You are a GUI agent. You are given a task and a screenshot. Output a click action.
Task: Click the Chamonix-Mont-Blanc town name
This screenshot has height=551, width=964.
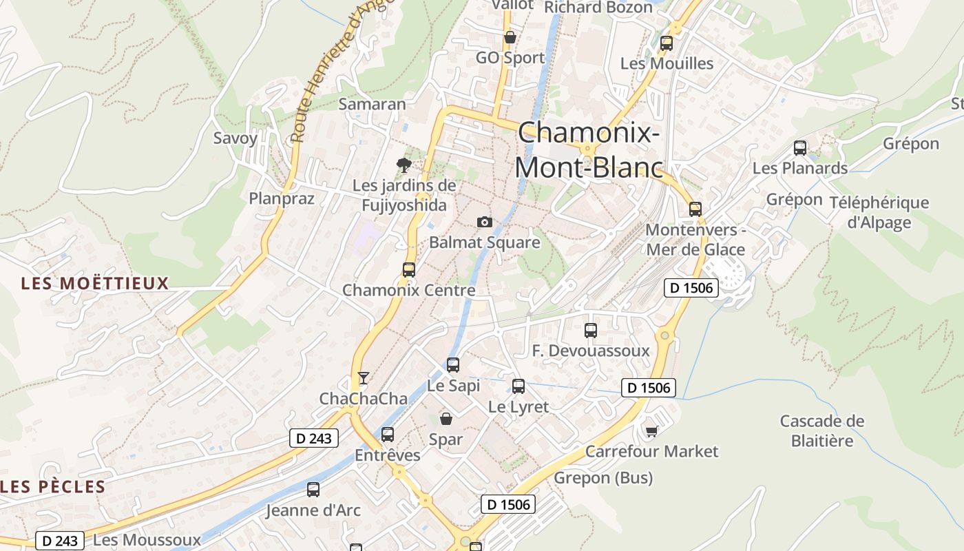[589, 149]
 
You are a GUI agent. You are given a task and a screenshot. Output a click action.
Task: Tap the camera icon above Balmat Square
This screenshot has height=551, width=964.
[485, 222]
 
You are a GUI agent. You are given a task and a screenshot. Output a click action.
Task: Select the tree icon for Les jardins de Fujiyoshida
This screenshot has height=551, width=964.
[404, 165]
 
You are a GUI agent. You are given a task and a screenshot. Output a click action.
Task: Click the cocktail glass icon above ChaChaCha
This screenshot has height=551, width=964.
[364, 377]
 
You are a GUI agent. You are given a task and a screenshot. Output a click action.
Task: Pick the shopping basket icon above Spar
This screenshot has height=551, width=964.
[446, 418]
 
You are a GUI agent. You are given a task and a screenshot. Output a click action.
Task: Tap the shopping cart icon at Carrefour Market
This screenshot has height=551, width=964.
[651, 431]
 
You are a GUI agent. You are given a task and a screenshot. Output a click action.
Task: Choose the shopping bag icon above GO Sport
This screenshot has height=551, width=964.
[510, 37]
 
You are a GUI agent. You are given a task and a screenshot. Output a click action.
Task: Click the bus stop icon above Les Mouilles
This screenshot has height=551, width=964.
[667, 43]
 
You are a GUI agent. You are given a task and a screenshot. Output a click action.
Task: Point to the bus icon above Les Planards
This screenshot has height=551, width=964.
[800, 147]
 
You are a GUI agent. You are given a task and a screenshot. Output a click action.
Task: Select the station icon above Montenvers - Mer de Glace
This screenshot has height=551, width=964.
[695, 209]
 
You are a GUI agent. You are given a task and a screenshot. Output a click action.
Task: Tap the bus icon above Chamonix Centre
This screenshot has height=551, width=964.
[409, 269]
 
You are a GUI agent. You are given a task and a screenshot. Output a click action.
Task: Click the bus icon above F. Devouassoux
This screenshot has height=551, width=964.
[591, 330]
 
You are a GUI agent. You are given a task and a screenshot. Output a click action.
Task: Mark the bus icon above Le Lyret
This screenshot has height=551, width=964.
[518, 386]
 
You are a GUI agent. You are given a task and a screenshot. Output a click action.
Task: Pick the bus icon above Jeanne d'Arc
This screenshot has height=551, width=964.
[313, 490]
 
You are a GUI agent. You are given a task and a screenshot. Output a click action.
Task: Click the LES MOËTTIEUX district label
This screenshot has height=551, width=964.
[95, 283]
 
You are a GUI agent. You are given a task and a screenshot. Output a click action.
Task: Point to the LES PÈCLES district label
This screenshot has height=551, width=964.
[53, 487]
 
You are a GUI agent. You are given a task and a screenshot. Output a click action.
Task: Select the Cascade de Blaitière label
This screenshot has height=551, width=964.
[822, 430]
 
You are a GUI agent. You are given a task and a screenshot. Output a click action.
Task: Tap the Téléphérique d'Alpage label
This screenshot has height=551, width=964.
[879, 212]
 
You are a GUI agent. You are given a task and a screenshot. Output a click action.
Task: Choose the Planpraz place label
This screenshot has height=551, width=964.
[282, 199]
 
